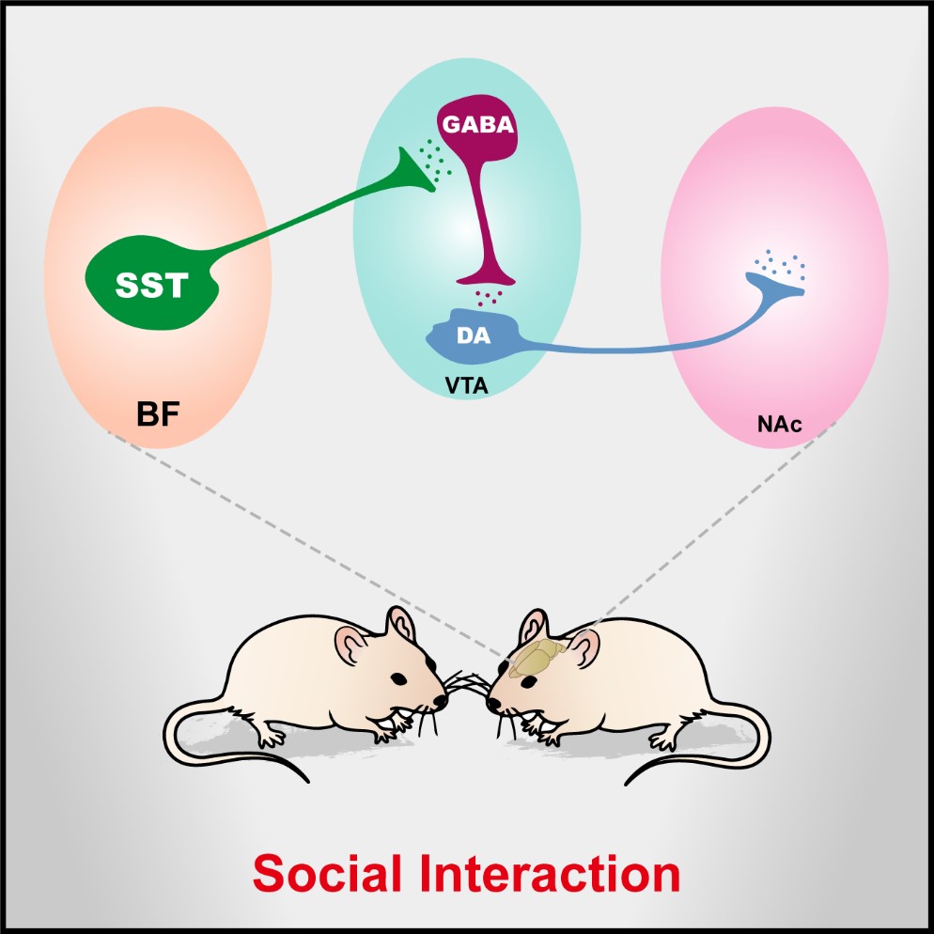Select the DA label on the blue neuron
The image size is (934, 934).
(x=475, y=335)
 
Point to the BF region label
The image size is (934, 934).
(x=156, y=413)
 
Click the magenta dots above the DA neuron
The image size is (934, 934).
(x=487, y=298)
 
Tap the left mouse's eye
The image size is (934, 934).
(x=400, y=677)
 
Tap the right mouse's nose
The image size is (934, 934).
(x=490, y=701)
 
